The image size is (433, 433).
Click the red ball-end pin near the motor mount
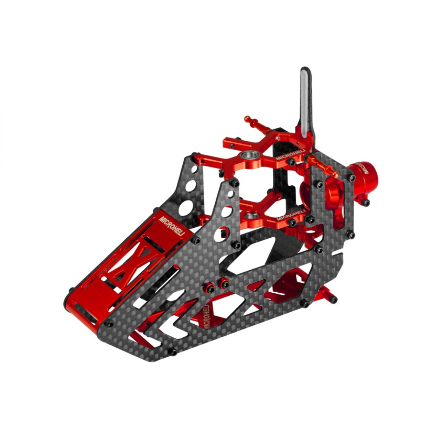323,167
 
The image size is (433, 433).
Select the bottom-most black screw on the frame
172,352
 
